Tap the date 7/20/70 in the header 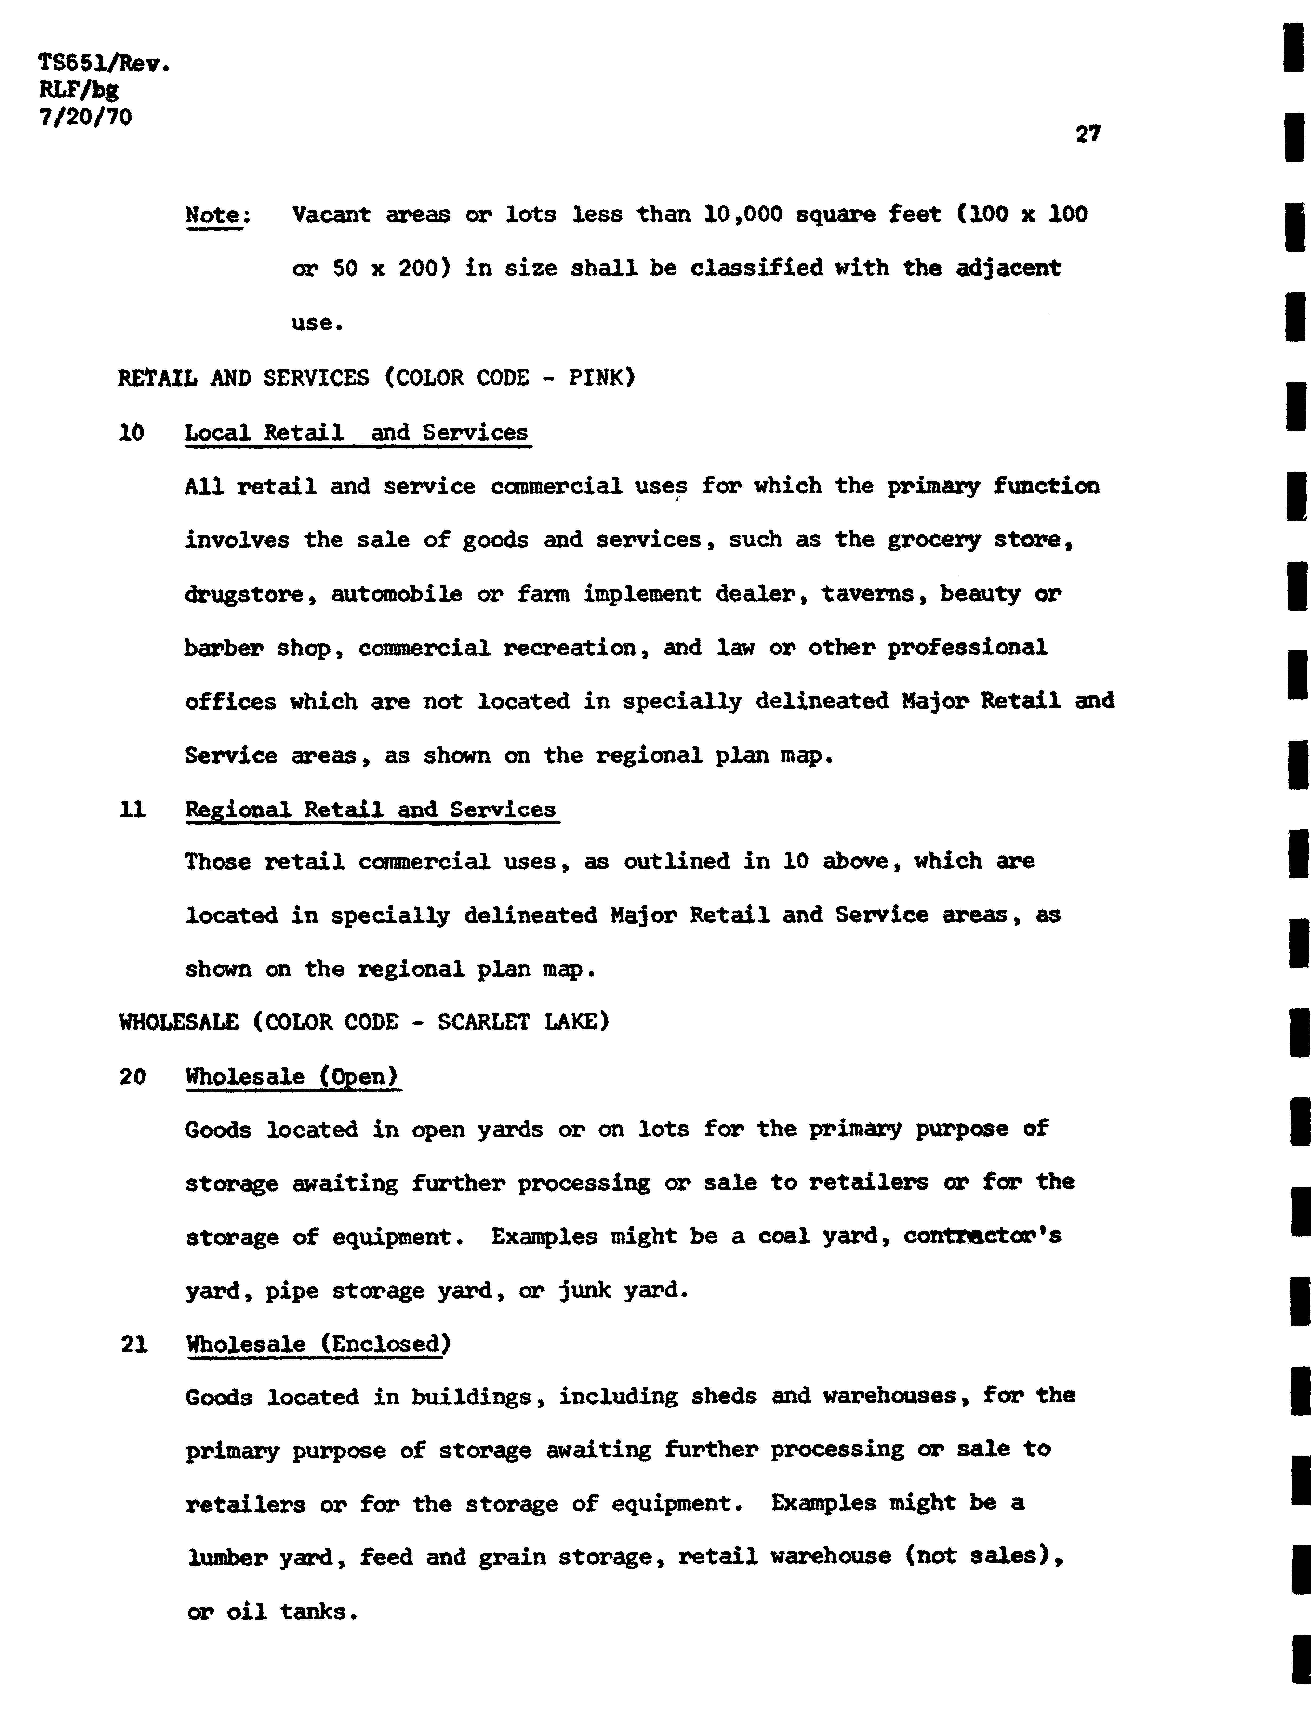coord(86,117)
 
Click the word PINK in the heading coord(602,378)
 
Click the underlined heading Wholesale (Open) coord(293,1077)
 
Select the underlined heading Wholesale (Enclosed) coord(318,1344)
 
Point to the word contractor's coord(982,1237)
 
